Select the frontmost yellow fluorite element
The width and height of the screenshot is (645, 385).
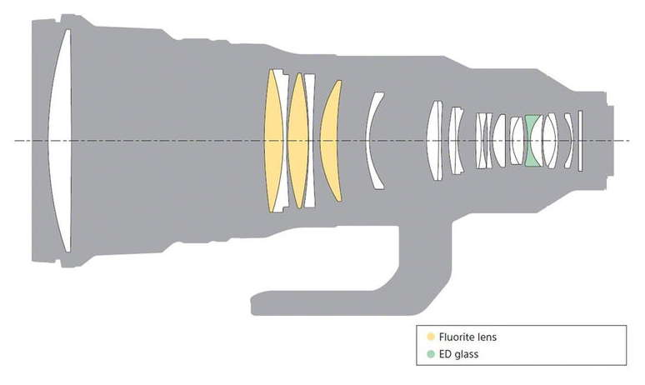click(273, 140)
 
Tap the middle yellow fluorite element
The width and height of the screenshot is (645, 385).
click(297, 140)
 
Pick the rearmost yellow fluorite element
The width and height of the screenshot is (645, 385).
click(332, 140)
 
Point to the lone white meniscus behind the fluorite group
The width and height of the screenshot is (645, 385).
click(374, 140)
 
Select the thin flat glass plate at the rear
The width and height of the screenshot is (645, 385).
click(579, 140)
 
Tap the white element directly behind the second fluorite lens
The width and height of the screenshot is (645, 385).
click(310, 140)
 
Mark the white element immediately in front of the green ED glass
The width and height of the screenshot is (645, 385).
click(517, 140)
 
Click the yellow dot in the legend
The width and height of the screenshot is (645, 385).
click(430, 337)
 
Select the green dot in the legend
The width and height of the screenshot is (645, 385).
click(430, 354)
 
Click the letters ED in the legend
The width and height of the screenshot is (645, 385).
click(445, 354)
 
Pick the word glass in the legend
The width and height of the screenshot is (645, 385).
click(467, 354)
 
